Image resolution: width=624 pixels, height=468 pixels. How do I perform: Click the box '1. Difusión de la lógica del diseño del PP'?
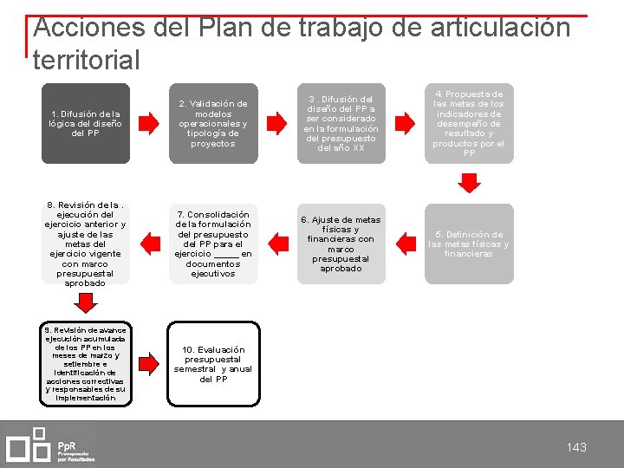click(x=85, y=123)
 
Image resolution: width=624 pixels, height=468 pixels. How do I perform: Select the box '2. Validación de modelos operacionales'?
click(x=213, y=123)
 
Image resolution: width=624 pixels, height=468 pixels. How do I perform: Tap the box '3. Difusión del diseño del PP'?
click(x=341, y=123)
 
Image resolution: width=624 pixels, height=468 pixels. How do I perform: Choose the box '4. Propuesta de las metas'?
click(x=469, y=123)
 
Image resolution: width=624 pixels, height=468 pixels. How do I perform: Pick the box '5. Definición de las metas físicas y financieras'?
click(x=469, y=244)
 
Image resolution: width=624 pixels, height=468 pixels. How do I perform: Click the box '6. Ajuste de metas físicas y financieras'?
click(x=341, y=244)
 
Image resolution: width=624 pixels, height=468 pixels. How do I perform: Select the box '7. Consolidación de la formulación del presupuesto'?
click(x=213, y=244)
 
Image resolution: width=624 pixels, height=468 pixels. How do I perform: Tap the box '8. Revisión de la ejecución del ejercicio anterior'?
click(x=85, y=244)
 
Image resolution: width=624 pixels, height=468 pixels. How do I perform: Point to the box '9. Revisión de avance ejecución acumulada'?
click(x=85, y=364)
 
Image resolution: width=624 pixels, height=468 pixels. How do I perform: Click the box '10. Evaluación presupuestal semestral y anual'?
click(x=213, y=364)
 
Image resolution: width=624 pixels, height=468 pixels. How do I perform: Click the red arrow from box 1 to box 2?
click(x=149, y=123)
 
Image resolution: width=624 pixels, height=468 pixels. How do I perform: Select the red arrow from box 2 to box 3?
click(x=276, y=123)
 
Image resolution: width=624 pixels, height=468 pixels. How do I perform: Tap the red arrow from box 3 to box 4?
click(x=404, y=123)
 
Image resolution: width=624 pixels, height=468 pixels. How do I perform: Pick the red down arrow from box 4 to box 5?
click(x=469, y=183)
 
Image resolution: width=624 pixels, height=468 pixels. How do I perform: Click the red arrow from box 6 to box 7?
click(x=276, y=244)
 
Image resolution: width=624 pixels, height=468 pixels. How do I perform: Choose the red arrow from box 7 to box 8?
click(x=149, y=244)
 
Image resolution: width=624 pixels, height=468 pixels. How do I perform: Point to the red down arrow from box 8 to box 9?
click(x=85, y=302)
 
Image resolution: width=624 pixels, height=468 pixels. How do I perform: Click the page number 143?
click(x=576, y=447)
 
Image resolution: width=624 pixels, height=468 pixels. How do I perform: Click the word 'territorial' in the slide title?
click(x=86, y=61)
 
